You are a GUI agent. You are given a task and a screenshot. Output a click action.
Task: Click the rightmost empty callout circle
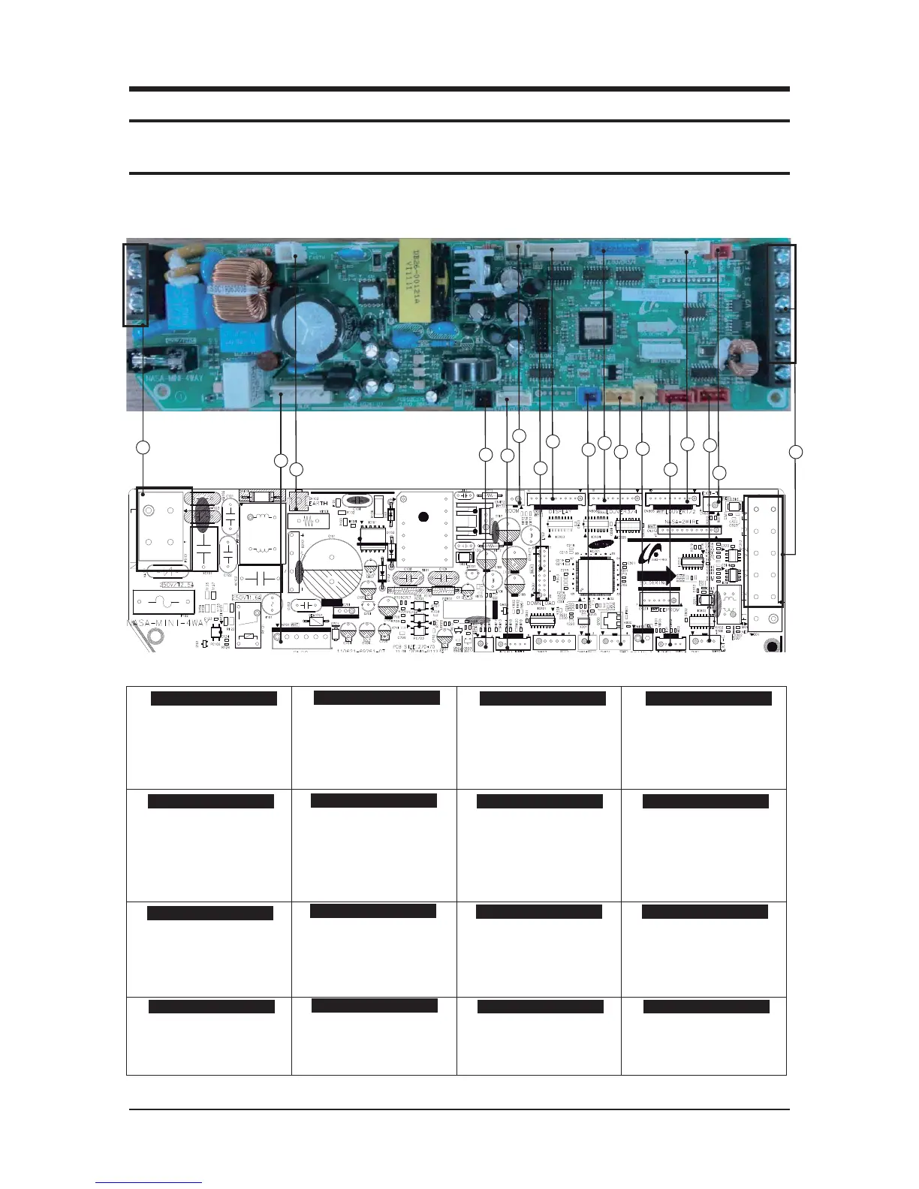coord(796,452)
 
